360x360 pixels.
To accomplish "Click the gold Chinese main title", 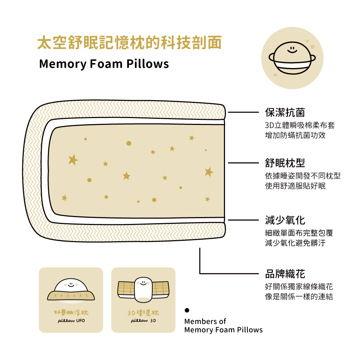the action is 129,43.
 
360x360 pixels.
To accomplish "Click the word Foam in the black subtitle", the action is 106,64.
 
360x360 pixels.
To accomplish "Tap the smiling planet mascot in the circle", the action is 292,58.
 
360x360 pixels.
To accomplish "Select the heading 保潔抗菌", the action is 285,112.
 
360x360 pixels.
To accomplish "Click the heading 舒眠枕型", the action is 285,163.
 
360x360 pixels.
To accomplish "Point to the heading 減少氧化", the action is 285,220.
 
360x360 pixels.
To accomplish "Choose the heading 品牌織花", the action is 285,274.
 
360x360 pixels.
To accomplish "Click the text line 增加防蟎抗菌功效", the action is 295,135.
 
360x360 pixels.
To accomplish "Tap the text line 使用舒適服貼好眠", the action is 295,186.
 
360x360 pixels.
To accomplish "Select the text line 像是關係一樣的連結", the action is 299,296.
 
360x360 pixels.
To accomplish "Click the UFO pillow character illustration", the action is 71,289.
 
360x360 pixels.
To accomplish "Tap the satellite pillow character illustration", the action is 143,290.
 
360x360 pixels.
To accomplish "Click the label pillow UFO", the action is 71,320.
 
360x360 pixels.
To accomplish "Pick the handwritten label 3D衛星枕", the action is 143,313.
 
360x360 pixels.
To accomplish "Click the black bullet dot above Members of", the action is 187,310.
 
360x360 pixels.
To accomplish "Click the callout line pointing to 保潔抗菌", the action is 243,112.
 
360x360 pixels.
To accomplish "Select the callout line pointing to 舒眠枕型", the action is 243,163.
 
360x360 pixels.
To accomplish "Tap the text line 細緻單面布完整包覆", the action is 299,233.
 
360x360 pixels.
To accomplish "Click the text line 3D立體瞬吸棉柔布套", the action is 300,125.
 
